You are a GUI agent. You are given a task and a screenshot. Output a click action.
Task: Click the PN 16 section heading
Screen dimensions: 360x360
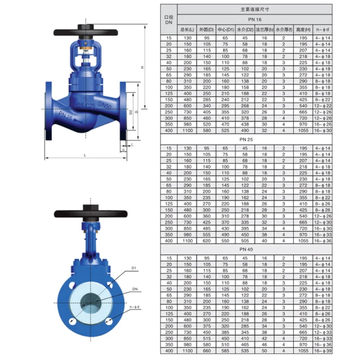(254, 20)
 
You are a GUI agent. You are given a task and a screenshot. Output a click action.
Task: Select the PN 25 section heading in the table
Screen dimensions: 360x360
(254, 139)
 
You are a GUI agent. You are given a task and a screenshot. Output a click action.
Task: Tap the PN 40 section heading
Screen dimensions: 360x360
(254, 249)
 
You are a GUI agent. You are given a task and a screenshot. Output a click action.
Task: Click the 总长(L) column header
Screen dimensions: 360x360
(186, 30)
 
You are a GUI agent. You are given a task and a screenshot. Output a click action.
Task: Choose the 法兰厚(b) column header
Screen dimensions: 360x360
(264, 30)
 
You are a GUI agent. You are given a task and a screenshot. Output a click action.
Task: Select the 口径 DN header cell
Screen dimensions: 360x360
(168, 19)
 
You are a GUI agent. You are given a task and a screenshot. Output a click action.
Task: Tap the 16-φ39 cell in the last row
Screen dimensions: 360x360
(323, 351)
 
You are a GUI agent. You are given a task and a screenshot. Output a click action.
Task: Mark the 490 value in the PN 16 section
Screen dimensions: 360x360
(245, 130)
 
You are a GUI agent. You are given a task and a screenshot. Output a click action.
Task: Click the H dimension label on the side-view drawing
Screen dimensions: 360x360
(142, 67)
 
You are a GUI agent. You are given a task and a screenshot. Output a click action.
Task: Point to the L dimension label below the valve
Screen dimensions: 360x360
(85, 155)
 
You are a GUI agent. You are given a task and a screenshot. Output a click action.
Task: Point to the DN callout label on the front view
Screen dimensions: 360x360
(135, 289)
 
